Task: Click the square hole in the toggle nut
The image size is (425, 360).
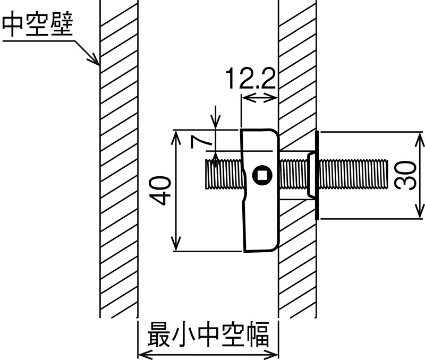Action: [x=260, y=174]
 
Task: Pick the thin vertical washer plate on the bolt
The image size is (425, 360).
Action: [x=317, y=175]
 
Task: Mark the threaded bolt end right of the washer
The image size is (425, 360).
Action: [x=356, y=175]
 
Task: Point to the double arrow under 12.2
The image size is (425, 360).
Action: [x=259, y=97]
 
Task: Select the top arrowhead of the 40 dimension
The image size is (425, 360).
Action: [x=176, y=135]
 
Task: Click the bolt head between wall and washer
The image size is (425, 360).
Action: [x=311, y=175]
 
